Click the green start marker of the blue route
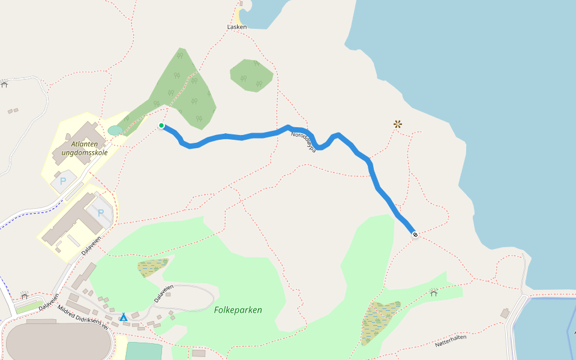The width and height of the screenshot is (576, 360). click(161, 125)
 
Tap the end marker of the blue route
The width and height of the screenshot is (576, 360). click(415, 235)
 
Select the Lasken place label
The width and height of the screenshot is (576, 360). click(237, 27)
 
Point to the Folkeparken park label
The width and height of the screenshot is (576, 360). click(238, 310)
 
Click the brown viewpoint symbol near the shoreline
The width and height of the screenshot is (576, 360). click(397, 124)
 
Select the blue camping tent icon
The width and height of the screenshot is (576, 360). click(123, 317)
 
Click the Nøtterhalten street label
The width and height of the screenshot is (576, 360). click(451, 343)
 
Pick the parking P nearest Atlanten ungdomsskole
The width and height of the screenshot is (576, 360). click(62, 180)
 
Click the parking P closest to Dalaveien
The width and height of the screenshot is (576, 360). click(101, 213)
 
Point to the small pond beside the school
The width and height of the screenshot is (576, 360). click(115, 130)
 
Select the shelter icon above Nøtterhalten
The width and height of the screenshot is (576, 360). click(433, 293)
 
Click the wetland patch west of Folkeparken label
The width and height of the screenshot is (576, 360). click(152, 266)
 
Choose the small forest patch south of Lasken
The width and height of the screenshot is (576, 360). click(251, 74)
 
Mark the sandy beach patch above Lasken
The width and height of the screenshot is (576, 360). click(241, 15)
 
